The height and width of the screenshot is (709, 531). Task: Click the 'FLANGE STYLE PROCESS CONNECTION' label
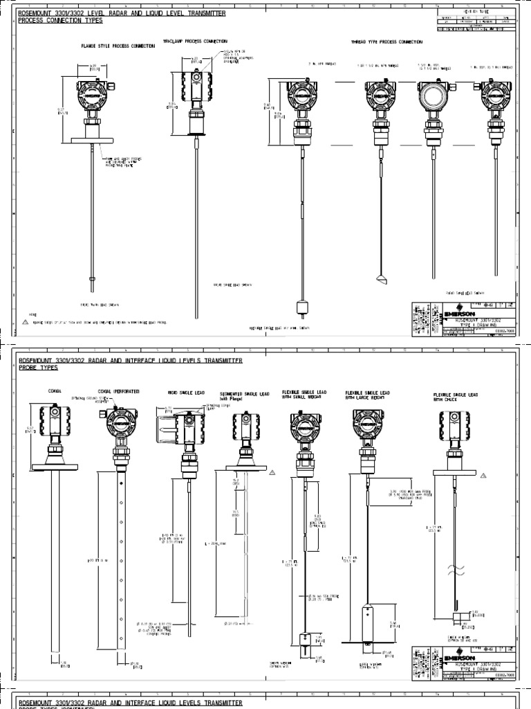(114, 46)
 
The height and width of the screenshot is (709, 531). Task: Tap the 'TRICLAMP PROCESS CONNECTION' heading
(195, 42)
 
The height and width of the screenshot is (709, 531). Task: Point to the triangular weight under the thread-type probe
(382, 279)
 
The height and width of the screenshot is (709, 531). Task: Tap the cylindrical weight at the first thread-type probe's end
(301, 308)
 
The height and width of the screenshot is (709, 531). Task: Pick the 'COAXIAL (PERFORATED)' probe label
(118, 392)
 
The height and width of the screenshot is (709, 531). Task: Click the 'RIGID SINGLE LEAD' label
(183, 393)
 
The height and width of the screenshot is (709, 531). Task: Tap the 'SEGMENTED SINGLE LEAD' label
(244, 395)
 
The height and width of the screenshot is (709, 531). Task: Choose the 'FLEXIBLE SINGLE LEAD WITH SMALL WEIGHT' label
(304, 395)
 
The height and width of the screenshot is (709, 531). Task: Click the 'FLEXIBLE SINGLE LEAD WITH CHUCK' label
(455, 397)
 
